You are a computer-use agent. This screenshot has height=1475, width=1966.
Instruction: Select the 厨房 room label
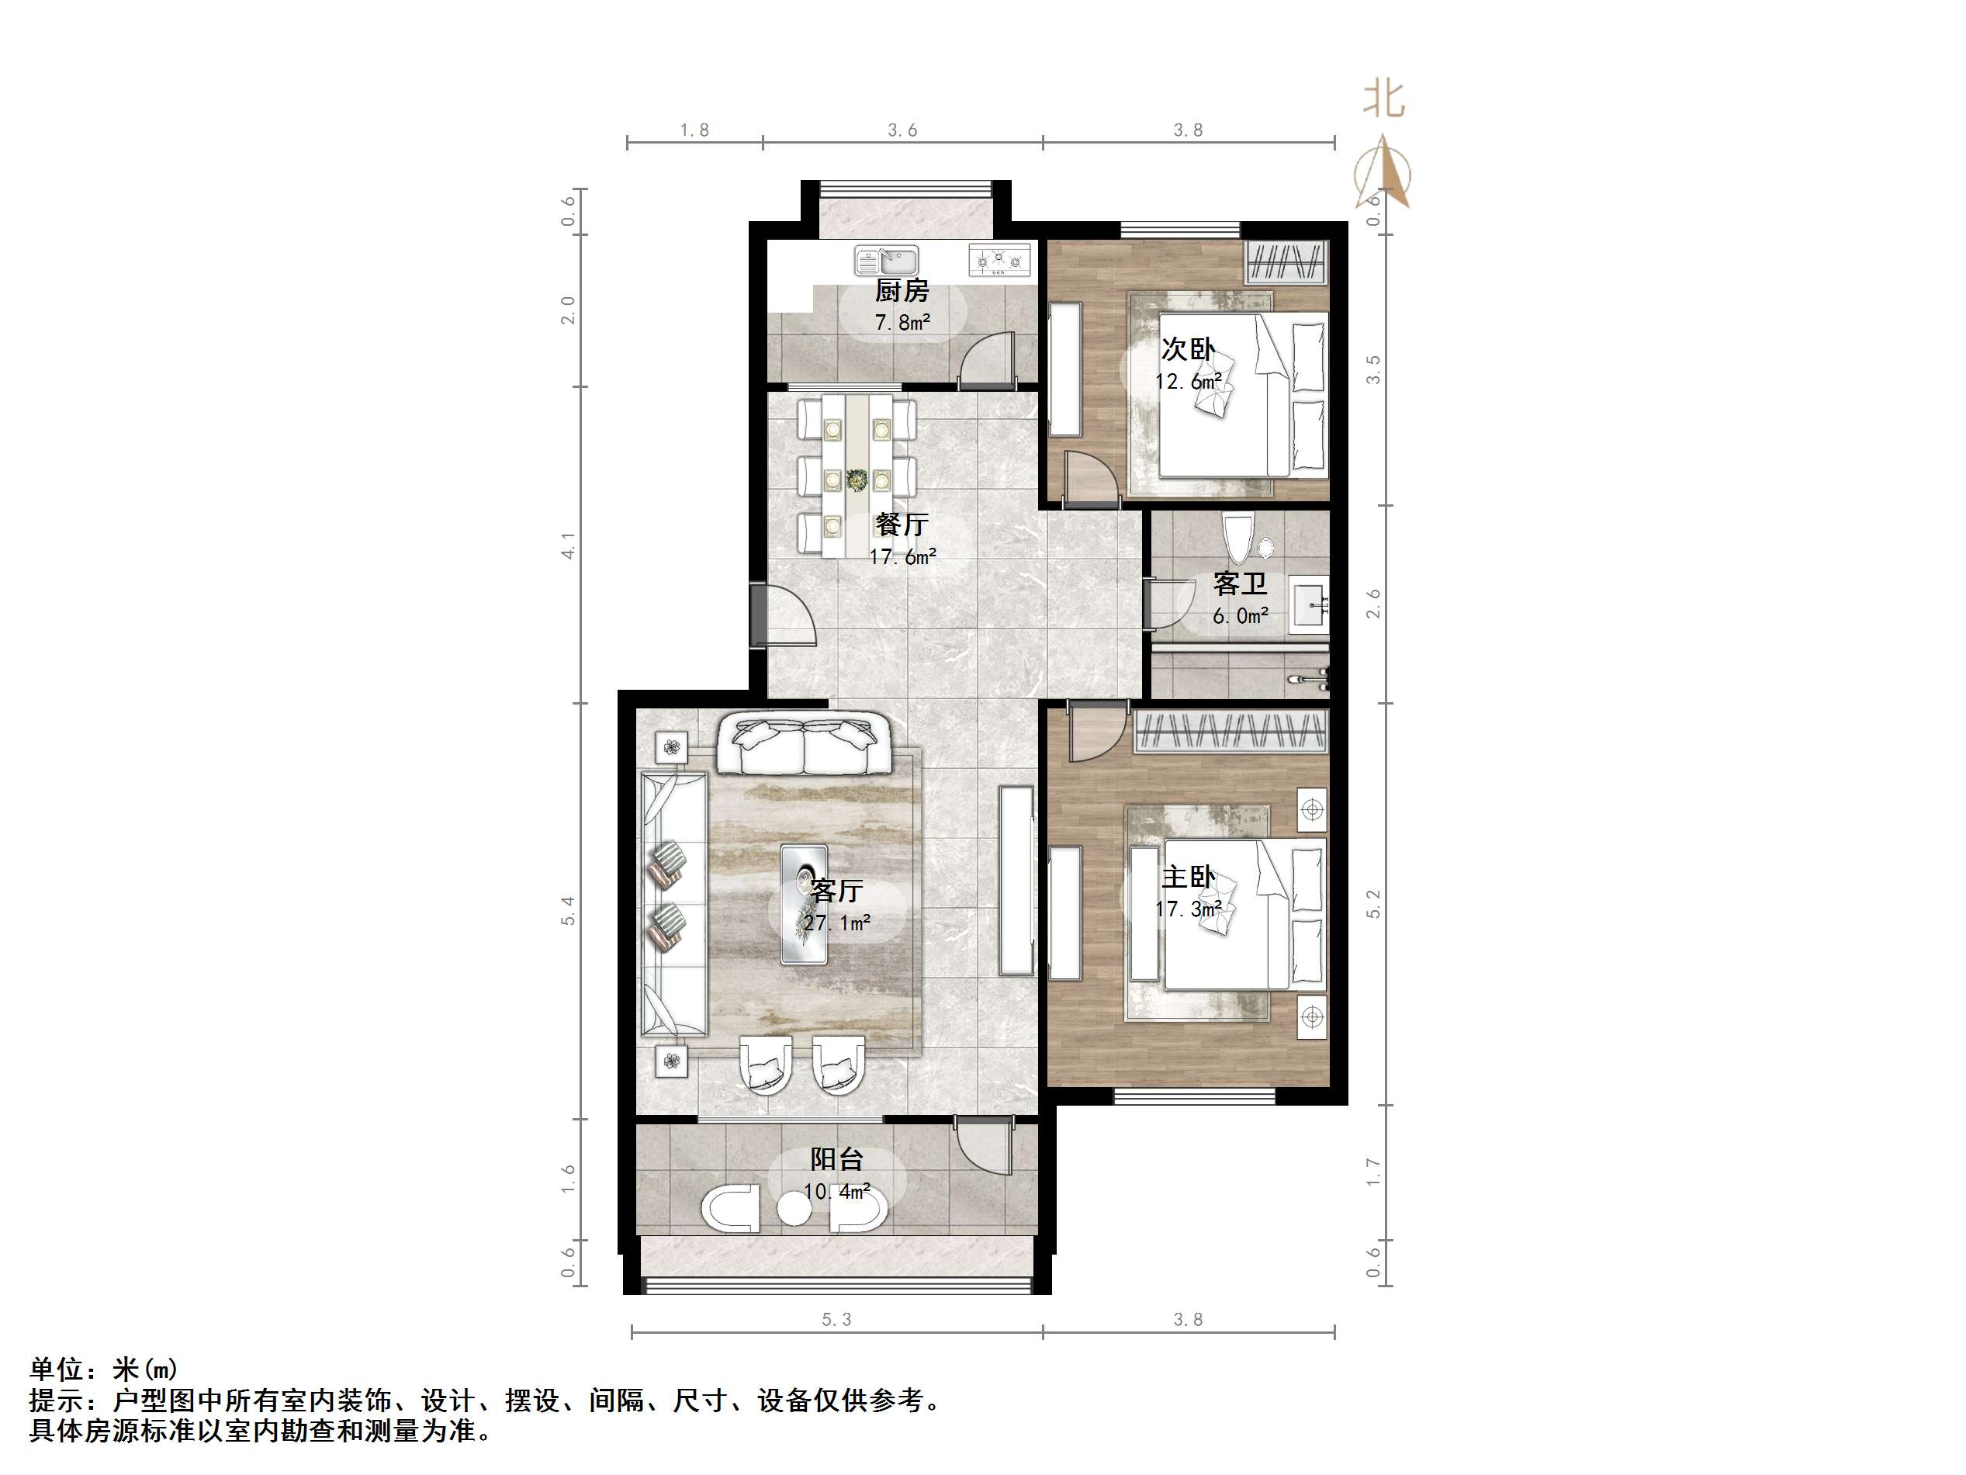coord(902,291)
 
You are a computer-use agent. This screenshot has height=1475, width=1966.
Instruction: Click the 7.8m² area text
coord(902,322)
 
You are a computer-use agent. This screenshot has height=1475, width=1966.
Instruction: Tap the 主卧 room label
coord(1187,878)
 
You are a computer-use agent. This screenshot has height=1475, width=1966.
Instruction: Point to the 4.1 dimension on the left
coord(568,545)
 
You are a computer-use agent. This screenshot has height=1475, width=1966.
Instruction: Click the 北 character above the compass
coord(1384,99)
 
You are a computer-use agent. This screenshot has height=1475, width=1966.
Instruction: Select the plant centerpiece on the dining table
coord(857,480)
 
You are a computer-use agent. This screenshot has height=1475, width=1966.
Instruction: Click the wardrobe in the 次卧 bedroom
coord(1286,263)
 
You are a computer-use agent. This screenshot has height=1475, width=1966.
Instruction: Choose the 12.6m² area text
coord(1187,383)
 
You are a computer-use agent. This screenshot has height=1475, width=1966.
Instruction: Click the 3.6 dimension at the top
coord(902,130)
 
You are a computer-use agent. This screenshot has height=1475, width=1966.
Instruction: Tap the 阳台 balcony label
coord(836,1159)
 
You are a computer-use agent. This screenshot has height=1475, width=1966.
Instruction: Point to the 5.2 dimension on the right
coord(1373,903)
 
